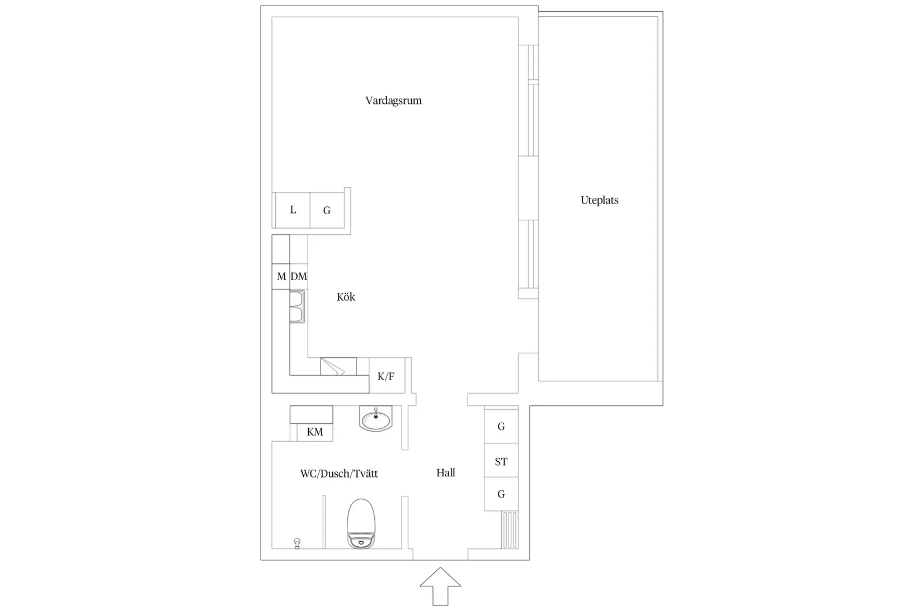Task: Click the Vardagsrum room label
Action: (x=393, y=101)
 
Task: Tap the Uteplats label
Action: (x=600, y=201)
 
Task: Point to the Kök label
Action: (x=346, y=297)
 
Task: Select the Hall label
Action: (x=446, y=473)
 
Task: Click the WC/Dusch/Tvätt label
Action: (x=338, y=474)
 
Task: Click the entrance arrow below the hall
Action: (x=440, y=586)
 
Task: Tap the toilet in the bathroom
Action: (x=361, y=524)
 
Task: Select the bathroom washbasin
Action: (x=375, y=419)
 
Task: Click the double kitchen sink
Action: (x=297, y=306)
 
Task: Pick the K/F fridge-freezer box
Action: (x=387, y=376)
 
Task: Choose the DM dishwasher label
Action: (x=299, y=276)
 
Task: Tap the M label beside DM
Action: (x=281, y=276)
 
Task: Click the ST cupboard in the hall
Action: (x=501, y=461)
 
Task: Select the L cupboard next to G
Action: (x=293, y=210)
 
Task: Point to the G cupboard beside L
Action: (x=327, y=210)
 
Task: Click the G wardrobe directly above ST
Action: (x=501, y=427)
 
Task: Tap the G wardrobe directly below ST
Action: (x=501, y=494)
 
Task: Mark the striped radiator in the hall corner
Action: (x=510, y=529)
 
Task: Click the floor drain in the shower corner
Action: (x=297, y=543)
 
